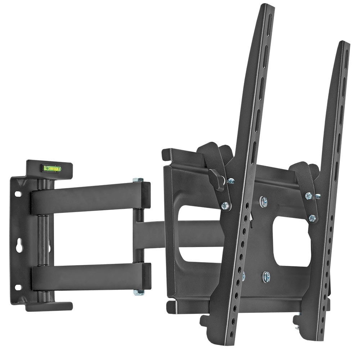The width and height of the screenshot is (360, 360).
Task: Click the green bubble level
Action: pyautogui.click(x=51, y=168)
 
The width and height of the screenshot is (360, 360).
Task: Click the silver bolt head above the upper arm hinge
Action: pyautogui.click(x=138, y=180)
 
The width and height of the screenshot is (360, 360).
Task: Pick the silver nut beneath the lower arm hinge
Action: pyautogui.click(x=139, y=292)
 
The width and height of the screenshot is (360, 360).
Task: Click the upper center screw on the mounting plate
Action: pyautogui.click(x=264, y=202)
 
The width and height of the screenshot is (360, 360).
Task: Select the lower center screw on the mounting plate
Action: pyautogui.click(x=266, y=276)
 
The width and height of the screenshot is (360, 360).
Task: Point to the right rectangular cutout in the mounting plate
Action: pyautogui.click(x=292, y=241)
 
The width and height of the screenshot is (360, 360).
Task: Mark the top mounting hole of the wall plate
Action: pyautogui.click(x=17, y=193)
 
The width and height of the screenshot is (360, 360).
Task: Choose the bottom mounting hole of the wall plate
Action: pyautogui.click(x=17, y=287)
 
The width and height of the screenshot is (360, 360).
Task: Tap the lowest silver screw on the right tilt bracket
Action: pyautogui.click(x=312, y=218)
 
